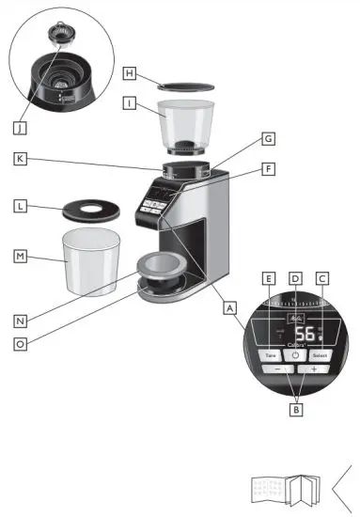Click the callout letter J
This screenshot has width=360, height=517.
pos(21,125)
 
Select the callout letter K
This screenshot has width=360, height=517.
pos(21,159)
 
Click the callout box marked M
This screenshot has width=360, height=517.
pos(21,255)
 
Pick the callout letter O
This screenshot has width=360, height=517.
pos(21,344)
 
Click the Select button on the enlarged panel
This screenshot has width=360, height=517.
pos(320,356)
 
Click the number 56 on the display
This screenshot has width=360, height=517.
pos(305,336)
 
